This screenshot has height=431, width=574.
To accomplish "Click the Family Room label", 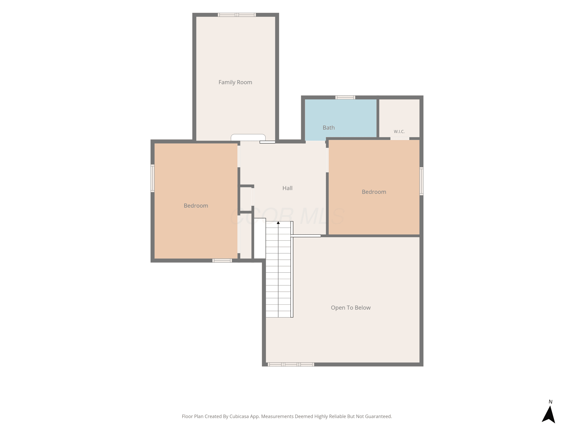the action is (x=235, y=82).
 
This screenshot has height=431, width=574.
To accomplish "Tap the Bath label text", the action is (x=329, y=128).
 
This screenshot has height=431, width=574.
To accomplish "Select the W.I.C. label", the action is (x=399, y=131).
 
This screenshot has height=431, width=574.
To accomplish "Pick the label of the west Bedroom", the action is (x=196, y=206).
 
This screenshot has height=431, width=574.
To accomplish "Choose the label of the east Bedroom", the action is (x=374, y=192).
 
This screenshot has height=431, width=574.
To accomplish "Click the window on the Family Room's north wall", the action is (x=237, y=15).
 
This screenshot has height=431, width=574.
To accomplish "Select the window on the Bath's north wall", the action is (x=345, y=98).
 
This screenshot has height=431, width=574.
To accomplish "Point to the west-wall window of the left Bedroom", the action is (x=152, y=178).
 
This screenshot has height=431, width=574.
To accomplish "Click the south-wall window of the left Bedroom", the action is (x=222, y=261).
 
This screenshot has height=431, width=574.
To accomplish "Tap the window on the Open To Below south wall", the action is (x=291, y=365).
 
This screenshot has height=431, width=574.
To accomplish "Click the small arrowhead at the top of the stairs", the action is (x=278, y=223).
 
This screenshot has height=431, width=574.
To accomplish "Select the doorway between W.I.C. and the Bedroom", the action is (x=400, y=138).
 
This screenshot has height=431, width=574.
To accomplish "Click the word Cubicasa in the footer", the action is (x=239, y=416).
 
